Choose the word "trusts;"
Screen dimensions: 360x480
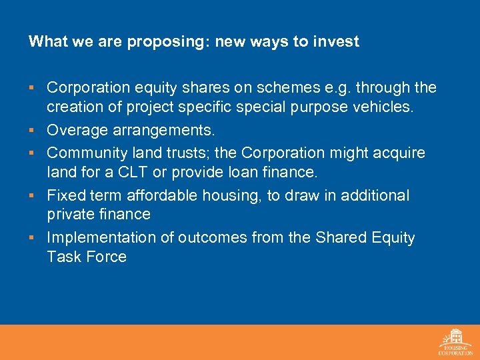[187, 153]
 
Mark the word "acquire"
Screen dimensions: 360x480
[399, 153]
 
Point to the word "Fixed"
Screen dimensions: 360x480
[66, 195]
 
